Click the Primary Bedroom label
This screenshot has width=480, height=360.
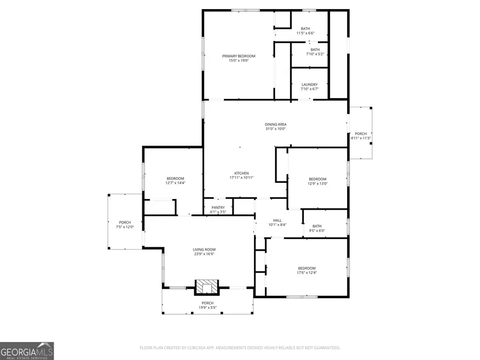click(238, 56)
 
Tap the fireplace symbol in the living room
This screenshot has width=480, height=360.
click(206, 287)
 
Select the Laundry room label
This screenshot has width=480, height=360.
click(309, 84)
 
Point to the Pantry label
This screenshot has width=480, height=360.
click(218, 207)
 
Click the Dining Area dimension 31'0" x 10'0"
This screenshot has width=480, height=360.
click(275, 129)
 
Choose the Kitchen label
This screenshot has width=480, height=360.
click(242, 173)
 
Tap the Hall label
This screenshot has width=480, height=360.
click(277, 220)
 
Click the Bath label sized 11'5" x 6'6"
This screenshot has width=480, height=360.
click(305, 29)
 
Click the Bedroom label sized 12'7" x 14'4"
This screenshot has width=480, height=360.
click(175, 179)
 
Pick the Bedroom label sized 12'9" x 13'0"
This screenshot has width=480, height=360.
click(317, 179)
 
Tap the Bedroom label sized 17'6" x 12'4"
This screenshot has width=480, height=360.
click(307, 268)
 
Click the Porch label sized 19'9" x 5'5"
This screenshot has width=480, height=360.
click(207, 303)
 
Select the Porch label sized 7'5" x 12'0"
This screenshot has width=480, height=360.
click(125, 222)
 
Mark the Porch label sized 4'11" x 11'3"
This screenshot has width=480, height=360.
click(361, 134)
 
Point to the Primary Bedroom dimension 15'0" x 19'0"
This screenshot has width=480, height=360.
click(238, 61)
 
